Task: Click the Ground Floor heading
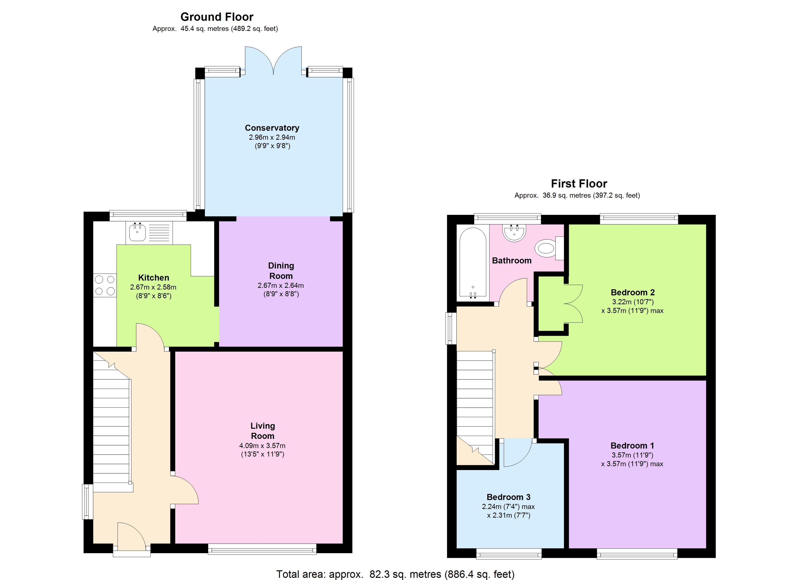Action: coord(217,17)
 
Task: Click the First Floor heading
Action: coord(579,184)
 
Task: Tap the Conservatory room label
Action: coord(272,128)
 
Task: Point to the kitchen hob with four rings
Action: coord(105,285)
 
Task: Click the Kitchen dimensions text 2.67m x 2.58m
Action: coord(153,287)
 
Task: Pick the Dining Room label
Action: coord(281,271)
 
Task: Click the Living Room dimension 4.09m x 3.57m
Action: coord(263,446)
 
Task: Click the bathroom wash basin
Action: coord(514,233)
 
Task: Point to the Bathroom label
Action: coord(512,261)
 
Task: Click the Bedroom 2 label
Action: coord(633,292)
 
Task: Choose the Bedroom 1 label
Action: coord(632,446)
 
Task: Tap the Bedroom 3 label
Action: coord(508,497)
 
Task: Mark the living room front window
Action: coord(262,549)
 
